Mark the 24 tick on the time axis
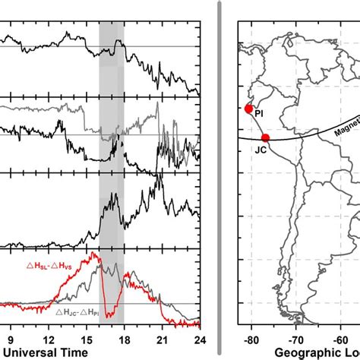coord(199,339)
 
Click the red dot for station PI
coord(248,109)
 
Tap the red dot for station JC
coord(265,137)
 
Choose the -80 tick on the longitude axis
coord(251,339)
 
